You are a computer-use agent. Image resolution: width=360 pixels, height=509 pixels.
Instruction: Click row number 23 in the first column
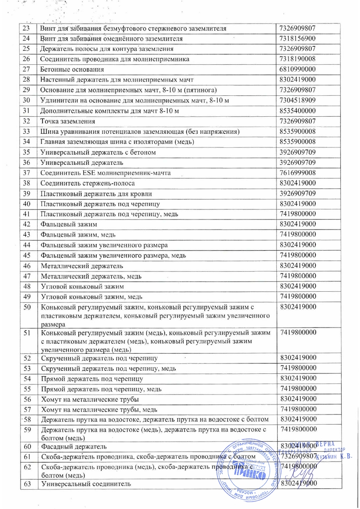(x=27, y=28)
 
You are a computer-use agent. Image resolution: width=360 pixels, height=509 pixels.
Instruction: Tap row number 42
(x=27, y=224)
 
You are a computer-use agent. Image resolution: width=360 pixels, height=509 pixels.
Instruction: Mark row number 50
(x=27, y=307)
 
